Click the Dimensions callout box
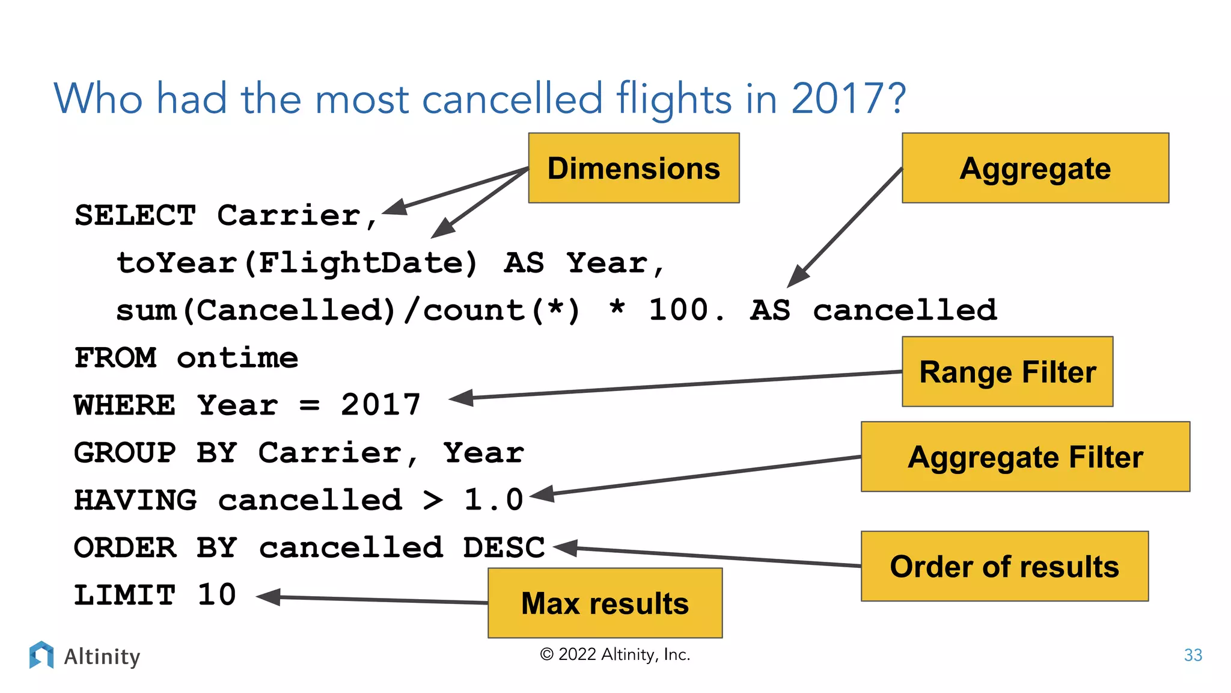coord(634,168)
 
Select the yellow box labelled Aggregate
coord(1035,168)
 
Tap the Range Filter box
coord(1007,372)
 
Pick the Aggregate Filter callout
coord(1025,457)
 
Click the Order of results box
coord(1004,566)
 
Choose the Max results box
coord(605,603)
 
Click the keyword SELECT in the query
coord(135,215)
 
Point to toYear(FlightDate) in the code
coord(297,263)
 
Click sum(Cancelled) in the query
coord(256,310)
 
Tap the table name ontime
coord(237,358)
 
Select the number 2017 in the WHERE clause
coord(380,405)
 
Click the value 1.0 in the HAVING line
coord(493,500)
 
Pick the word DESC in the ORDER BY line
coord(504,547)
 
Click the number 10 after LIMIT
coord(217,595)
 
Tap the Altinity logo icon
coord(41,654)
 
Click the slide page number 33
coord(1193,655)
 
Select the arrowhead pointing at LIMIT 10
coord(269,597)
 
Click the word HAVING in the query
coord(135,500)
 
